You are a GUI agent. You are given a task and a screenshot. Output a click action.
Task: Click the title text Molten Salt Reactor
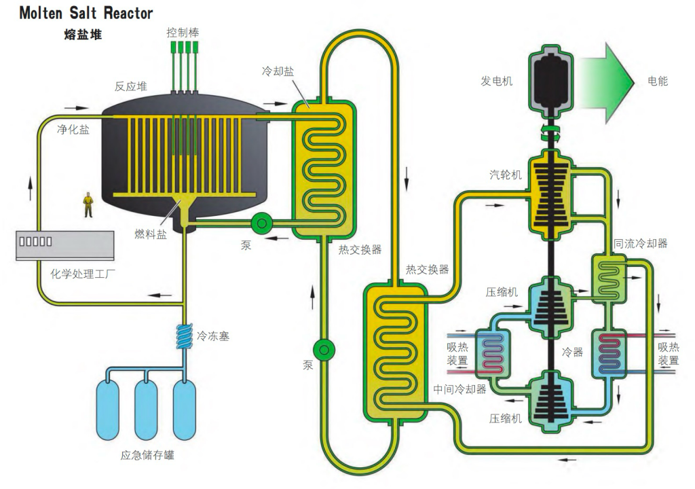click(x=86, y=13)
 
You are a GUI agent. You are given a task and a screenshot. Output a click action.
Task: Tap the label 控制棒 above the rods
click(x=183, y=32)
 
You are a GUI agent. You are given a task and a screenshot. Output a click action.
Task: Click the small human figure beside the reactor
click(x=87, y=204)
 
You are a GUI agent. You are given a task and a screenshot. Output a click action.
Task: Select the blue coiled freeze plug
click(x=183, y=335)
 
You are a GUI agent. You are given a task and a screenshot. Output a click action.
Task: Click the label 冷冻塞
click(x=213, y=336)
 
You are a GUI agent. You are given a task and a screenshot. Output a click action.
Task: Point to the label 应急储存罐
click(x=146, y=455)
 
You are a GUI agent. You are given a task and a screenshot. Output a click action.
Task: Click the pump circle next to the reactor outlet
click(x=260, y=223)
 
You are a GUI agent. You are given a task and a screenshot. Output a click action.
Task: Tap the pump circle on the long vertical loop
click(x=324, y=349)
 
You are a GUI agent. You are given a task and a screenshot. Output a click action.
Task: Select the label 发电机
click(x=497, y=81)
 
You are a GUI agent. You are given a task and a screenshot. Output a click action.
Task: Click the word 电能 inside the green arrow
click(x=658, y=81)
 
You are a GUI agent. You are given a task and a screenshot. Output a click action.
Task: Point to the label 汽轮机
click(x=506, y=175)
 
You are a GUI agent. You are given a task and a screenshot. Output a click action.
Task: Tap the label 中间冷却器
click(x=459, y=389)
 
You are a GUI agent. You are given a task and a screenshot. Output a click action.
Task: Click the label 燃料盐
click(x=150, y=235)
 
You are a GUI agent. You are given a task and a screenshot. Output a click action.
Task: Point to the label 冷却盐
click(x=277, y=71)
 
